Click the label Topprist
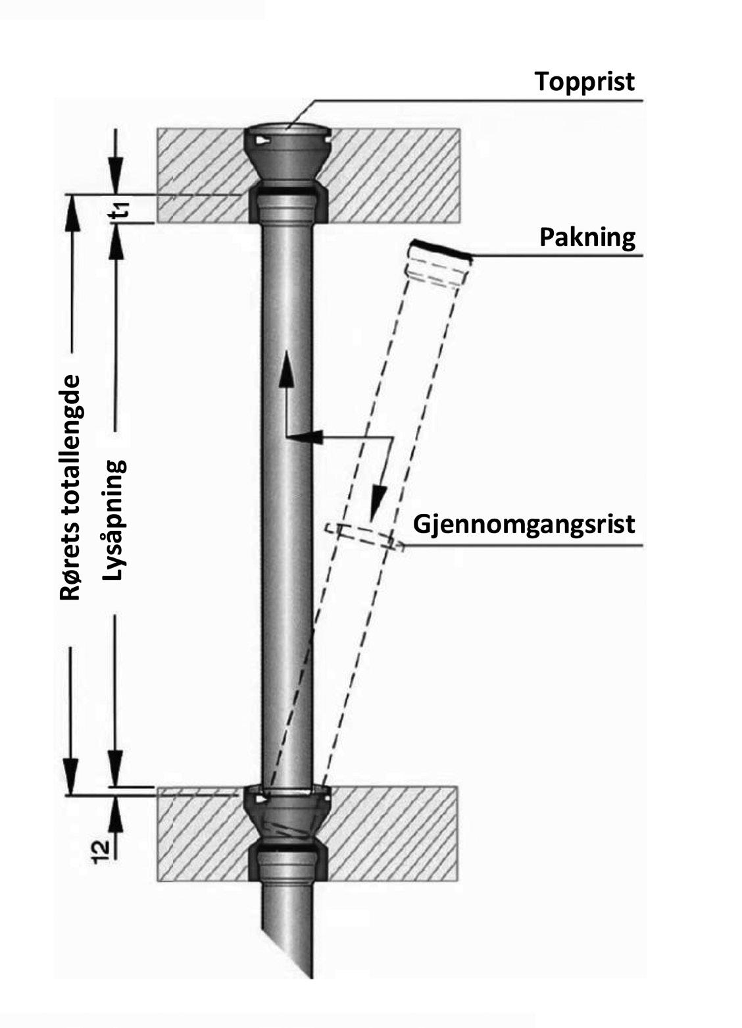pyautogui.click(x=585, y=82)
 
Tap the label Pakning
pyautogui.click(x=587, y=237)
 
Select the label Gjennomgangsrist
pyautogui.click(x=524, y=525)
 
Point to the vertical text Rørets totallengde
pyautogui.click(x=70, y=488)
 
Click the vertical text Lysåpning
pyautogui.click(x=114, y=519)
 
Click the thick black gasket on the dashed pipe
pyautogui.click(x=440, y=251)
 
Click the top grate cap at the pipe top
pyautogui.click(x=287, y=134)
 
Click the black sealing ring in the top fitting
pyautogui.click(x=287, y=192)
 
